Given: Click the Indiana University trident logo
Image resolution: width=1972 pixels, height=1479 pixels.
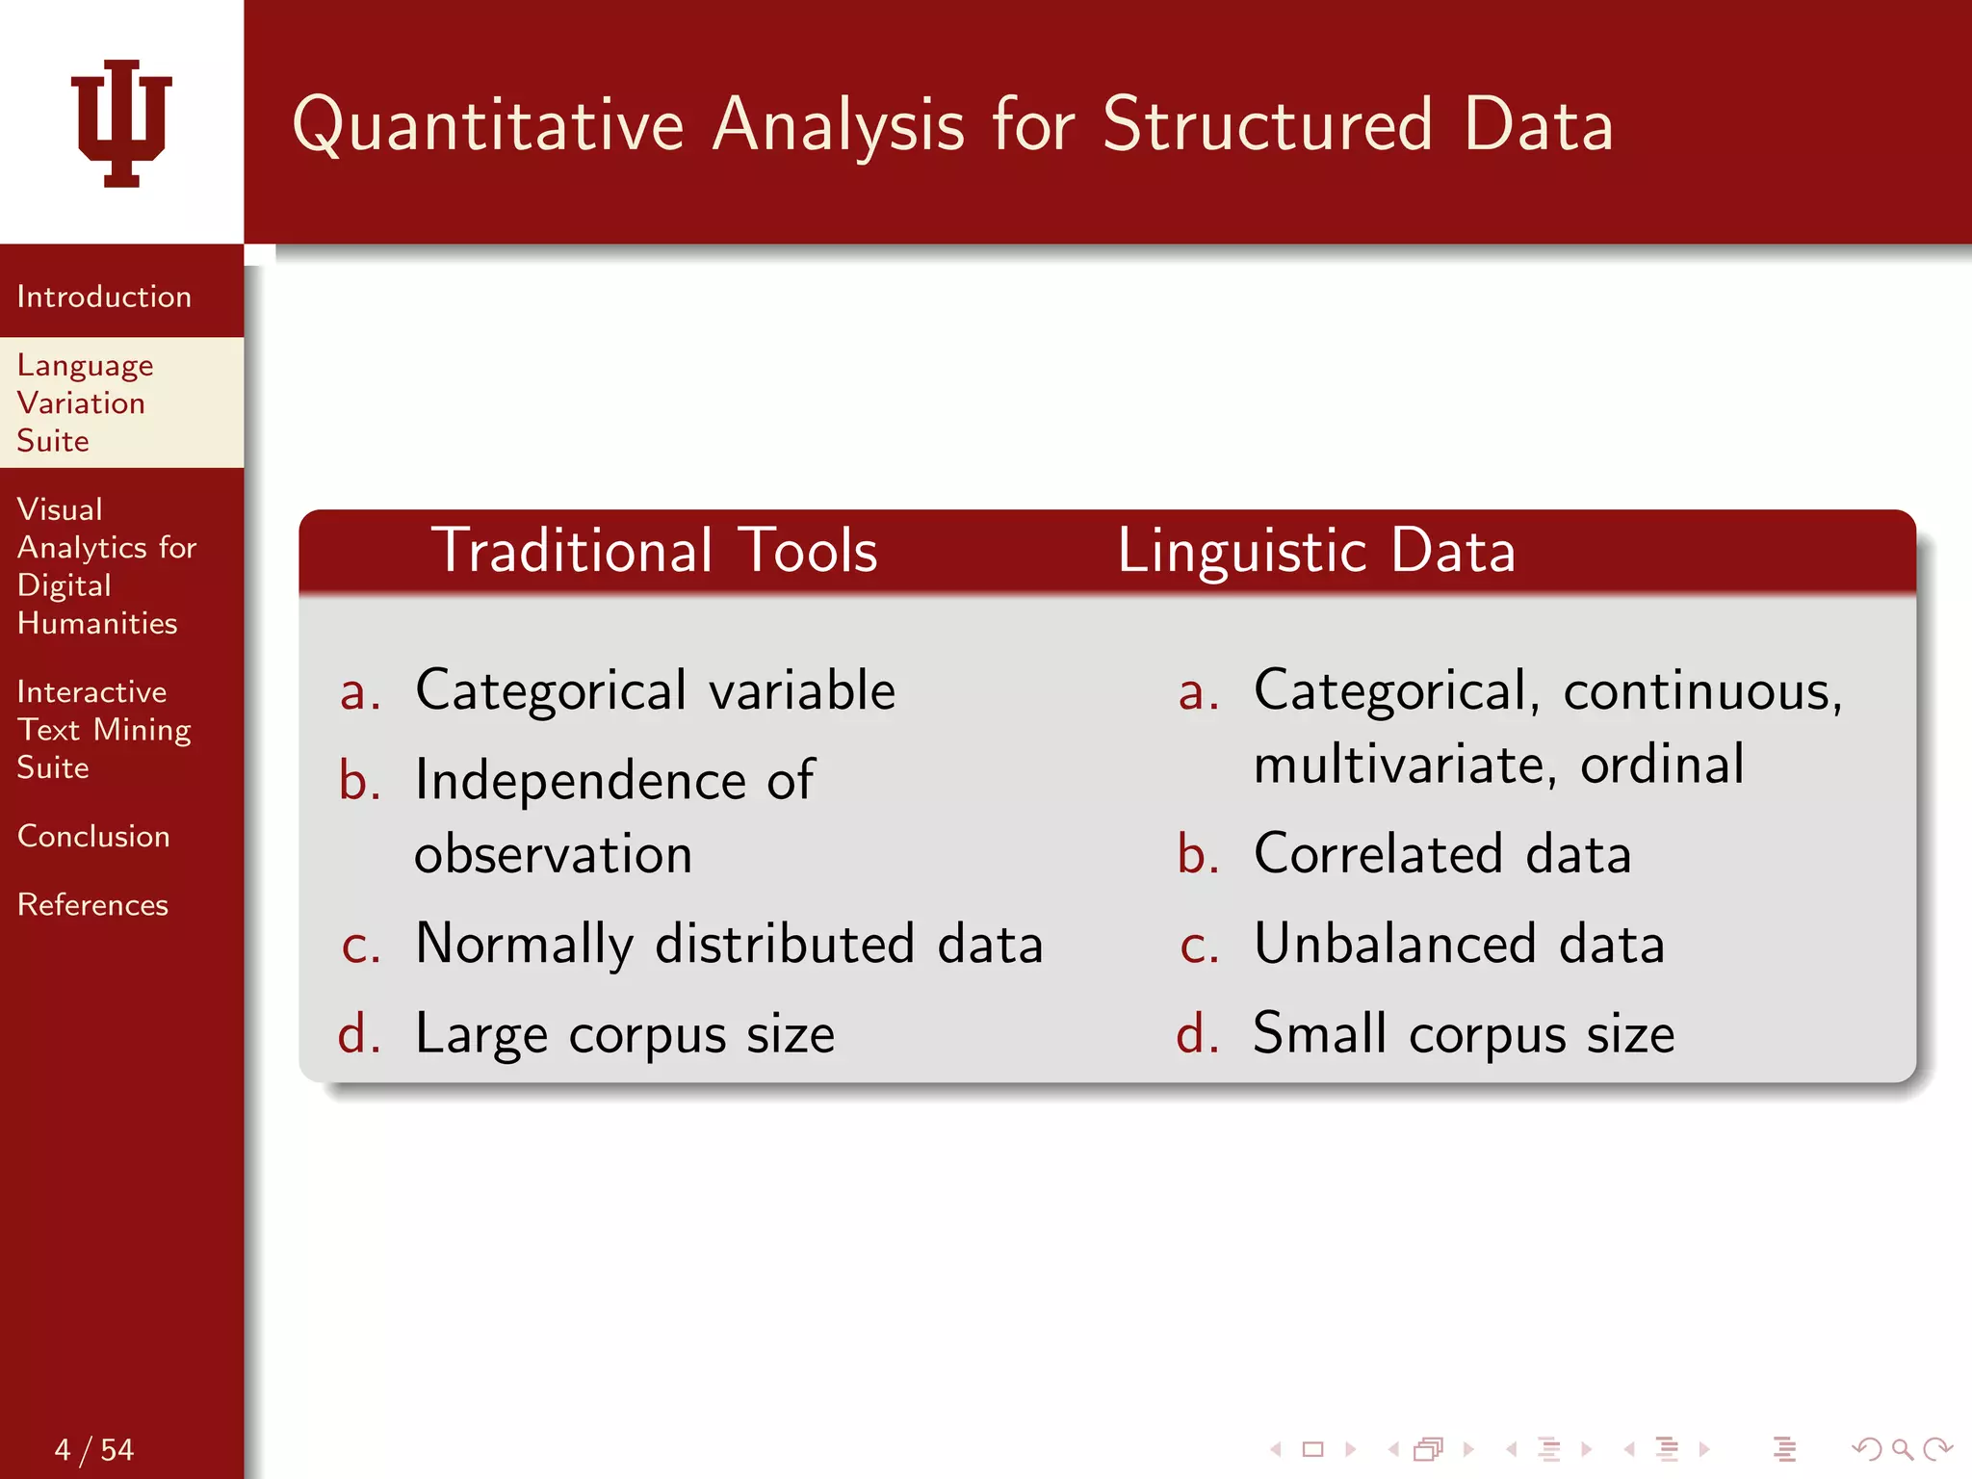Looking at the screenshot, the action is coord(121,122).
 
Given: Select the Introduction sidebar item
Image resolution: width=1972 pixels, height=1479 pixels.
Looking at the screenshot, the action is coord(104,297).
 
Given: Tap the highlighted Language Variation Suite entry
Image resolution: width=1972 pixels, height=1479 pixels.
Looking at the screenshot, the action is coord(85,402).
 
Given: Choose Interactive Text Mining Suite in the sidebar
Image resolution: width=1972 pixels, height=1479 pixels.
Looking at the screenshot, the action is coord(103,730).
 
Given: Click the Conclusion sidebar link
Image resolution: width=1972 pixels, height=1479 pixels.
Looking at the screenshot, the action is coord(93,836).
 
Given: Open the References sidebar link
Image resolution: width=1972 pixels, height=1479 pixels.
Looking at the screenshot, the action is coord(92,904).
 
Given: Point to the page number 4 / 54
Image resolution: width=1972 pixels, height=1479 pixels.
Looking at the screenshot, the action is coord(93,1449).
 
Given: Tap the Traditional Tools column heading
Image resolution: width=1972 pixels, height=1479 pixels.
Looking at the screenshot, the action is coord(654,551).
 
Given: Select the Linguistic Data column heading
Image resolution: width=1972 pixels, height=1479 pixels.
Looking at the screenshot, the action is coord(1316,551).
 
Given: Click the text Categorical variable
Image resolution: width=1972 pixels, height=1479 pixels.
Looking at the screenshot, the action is coord(655,690).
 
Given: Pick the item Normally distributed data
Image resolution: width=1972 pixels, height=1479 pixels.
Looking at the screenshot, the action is coord(729,944).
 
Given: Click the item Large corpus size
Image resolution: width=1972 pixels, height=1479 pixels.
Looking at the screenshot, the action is coord(625,1034).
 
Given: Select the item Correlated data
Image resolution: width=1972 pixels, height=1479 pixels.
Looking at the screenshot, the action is coord(1442,854).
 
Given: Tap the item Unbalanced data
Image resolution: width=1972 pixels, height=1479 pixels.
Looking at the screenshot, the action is coord(1459,944).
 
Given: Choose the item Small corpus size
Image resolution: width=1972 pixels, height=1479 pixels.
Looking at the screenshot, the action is coord(1464,1034).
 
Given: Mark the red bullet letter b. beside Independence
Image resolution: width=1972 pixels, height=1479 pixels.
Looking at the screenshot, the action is coord(359,780).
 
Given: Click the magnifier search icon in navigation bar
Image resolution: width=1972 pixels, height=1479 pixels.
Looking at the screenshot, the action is coord(1902,1448).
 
